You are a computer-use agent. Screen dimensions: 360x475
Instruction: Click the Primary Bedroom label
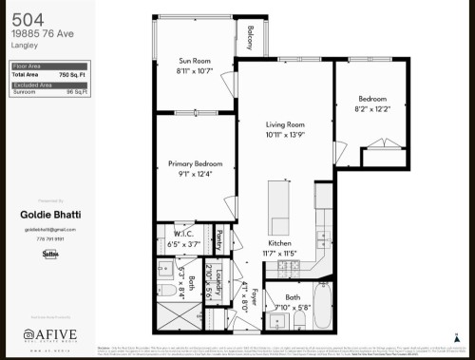point(194,162)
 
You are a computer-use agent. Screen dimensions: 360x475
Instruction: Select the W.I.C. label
point(185,234)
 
